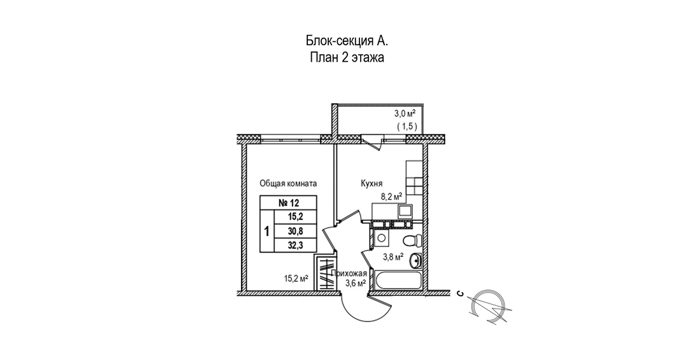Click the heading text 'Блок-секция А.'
[x=346, y=41]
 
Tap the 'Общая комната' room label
[x=288, y=183]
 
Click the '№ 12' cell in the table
[x=288, y=204]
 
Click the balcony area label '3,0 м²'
[x=405, y=114]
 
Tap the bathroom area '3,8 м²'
[x=393, y=257]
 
